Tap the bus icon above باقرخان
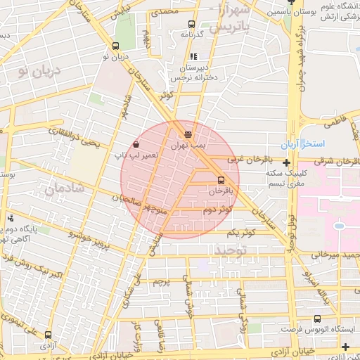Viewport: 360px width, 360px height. click(x=221, y=179)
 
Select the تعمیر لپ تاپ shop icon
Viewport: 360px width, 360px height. click(x=136, y=143)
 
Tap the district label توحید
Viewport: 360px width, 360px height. click(x=232, y=250)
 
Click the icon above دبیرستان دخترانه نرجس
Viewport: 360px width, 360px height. click(x=193, y=57)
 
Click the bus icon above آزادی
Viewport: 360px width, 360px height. click(x=48, y=335)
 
